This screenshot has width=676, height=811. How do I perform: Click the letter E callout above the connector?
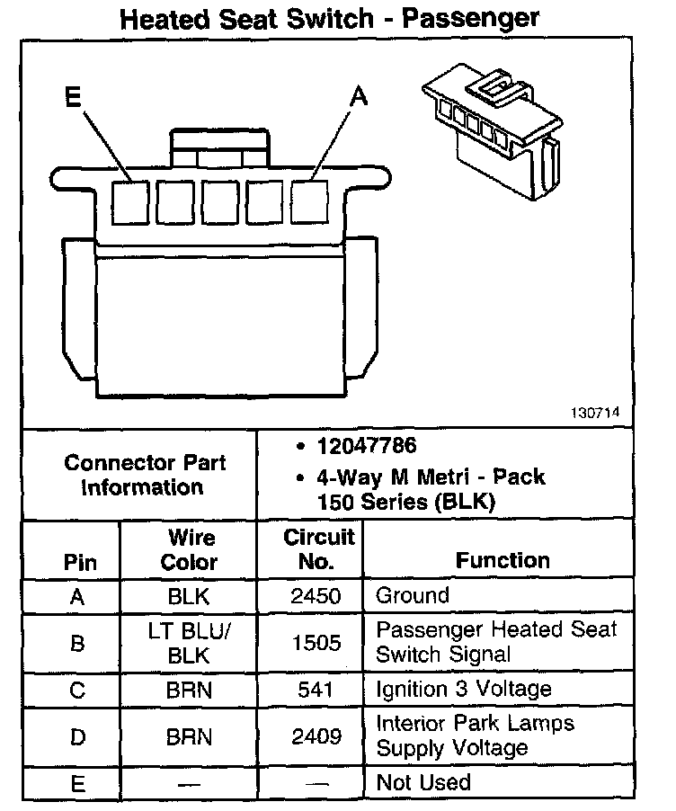coord(74,97)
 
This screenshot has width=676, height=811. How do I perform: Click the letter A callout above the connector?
coord(358,97)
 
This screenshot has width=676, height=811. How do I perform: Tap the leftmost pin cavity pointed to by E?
coord(130,201)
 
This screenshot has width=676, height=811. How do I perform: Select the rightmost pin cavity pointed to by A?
coord(310,201)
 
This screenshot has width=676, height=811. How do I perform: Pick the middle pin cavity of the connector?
coord(220,201)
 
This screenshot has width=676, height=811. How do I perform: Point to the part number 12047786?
coord(366,447)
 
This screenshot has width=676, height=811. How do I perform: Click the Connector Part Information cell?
coord(144,476)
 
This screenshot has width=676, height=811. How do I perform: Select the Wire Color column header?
coord(190,550)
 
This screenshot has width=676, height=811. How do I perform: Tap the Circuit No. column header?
coord(319,550)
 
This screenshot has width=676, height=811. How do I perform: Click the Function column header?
coord(503,560)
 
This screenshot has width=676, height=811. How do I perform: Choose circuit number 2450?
coord(316,595)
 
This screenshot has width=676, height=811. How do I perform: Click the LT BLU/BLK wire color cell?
coord(190,644)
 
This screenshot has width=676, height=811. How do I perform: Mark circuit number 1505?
coord(316,644)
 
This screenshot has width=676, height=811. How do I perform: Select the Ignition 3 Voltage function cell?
coord(463,690)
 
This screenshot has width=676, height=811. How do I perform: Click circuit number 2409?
coord(316,736)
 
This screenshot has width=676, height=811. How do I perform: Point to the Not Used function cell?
coord(423,782)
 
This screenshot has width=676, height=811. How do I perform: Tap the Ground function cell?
coord(413,595)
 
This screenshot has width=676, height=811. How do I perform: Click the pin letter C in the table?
coord(78,690)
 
